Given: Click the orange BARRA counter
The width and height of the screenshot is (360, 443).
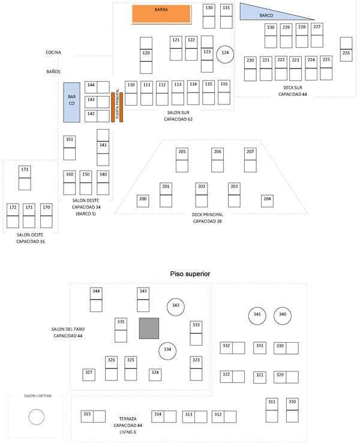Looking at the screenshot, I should [161, 13].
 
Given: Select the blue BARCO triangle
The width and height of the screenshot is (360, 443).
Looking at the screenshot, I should [267, 13].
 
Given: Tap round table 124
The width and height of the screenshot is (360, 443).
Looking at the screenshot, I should [225, 53].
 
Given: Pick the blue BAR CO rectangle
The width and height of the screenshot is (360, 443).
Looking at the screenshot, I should [71, 103].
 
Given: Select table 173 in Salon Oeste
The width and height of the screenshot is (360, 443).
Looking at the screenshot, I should [25, 177].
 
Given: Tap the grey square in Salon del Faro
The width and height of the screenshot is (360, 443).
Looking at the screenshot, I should [149, 328].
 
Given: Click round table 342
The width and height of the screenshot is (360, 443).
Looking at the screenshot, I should [176, 306].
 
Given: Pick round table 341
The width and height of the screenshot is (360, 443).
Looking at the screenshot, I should [257, 315].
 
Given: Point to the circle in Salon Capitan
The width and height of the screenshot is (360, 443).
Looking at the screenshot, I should [36, 416].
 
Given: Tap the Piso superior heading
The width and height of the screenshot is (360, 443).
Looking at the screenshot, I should [190, 274].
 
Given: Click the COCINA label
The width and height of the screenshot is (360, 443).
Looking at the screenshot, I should [53, 53].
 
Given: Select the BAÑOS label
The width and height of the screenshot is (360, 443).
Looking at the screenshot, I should [53, 71].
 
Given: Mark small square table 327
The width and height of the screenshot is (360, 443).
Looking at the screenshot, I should [89, 374].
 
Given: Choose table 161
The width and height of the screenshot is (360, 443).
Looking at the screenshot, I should [70, 146].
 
